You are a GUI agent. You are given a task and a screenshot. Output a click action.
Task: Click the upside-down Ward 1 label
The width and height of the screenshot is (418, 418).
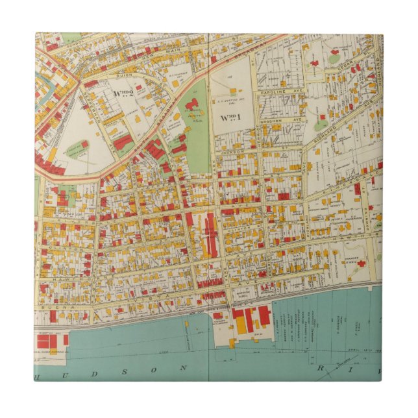(228, 117)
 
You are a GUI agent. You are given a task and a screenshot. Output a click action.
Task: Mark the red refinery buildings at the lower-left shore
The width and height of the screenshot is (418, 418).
(46, 340)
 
